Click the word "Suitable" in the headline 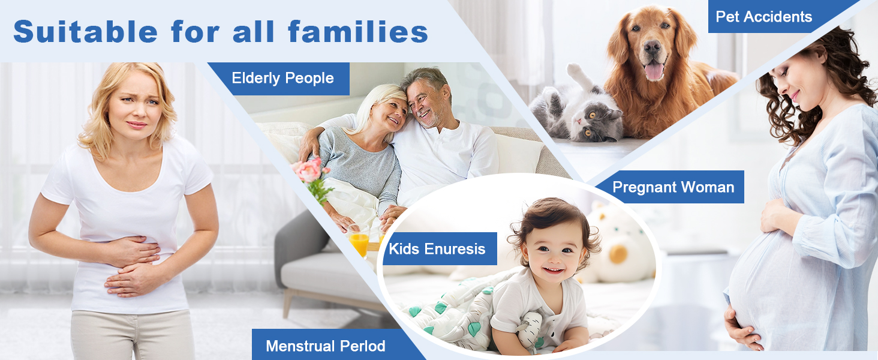pos(85,31)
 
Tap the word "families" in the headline pos(358,31)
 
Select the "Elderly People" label pos(282,79)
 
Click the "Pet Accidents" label pos(764,16)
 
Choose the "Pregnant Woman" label pos(673,187)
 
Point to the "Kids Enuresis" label pos(437,249)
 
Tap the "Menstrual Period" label pos(325,346)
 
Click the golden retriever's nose pos(652,47)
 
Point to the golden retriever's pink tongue pos(654,71)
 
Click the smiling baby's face pos(554,251)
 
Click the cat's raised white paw pos(574,71)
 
